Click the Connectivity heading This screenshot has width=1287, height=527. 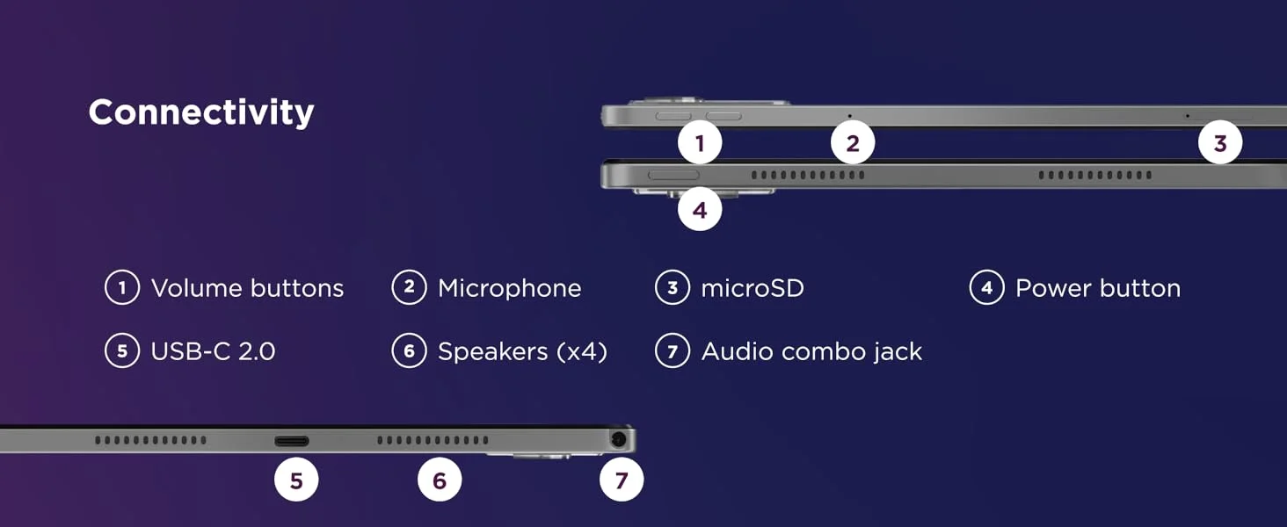pos(201,112)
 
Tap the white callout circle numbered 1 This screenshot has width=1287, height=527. pos(700,143)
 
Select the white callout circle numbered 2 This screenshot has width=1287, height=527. pos(853,143)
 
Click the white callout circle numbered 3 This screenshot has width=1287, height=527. pos(1220,143)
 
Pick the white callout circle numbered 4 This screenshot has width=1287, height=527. pos(700,210)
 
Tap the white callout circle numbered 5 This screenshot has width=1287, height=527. pos(296,480)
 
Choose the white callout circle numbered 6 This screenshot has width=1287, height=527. pos(440,480)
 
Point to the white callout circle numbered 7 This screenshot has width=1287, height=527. pos(622,480)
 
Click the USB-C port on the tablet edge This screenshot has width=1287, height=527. pos(291,441)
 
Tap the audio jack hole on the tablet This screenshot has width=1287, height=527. pos(618,440)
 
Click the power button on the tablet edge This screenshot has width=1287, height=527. pos(673,175)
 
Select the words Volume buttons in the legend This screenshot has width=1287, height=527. pos(248,288)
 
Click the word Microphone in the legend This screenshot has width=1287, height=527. pos(510,288)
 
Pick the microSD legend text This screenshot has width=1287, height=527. pos(753,288)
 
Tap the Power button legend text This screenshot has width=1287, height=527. pos(1098,288)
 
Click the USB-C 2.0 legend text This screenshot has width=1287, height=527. pos(213,351)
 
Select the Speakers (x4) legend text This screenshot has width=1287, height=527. pos(522,351)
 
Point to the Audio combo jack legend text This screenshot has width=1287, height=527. pos(811,351)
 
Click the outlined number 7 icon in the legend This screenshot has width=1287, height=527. pos(673,350)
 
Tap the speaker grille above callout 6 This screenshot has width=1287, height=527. pos(433,440)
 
